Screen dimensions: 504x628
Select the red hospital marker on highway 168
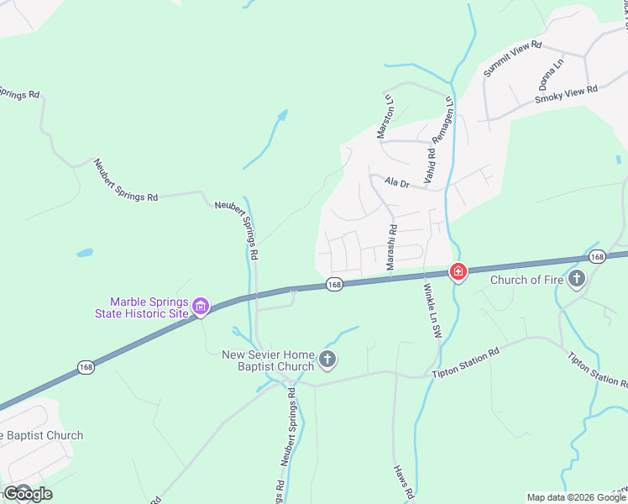click(x=458, y=272)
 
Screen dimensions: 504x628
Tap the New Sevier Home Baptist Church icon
click(x=327, y=361)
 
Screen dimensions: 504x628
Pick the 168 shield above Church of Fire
click(x=597, y=256)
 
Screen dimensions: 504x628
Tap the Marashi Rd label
click(x=391, y=246)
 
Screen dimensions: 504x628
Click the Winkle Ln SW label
click(x=432, y=311)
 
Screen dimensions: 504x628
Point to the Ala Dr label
click(x=396, y=182)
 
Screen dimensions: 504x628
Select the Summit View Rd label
click(x=513, y=60)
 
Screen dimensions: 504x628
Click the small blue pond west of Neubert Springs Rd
click(x=84, y=252)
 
